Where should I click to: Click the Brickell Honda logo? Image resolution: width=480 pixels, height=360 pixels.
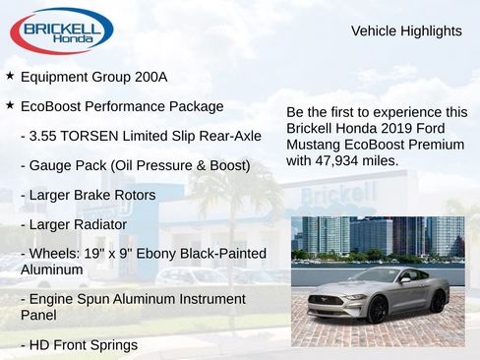(61, 30)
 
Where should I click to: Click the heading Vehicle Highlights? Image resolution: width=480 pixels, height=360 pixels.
(406, 31)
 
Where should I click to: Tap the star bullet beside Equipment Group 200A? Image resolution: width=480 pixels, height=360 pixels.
(10, 76)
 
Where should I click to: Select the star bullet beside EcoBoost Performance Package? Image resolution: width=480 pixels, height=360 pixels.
(10, 105)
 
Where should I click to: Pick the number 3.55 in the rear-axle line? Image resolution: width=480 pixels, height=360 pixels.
(46, 136)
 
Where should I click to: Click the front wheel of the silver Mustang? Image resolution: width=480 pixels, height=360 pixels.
(377, 310)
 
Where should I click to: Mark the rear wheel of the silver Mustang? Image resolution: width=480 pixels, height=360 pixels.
(437, 300)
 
